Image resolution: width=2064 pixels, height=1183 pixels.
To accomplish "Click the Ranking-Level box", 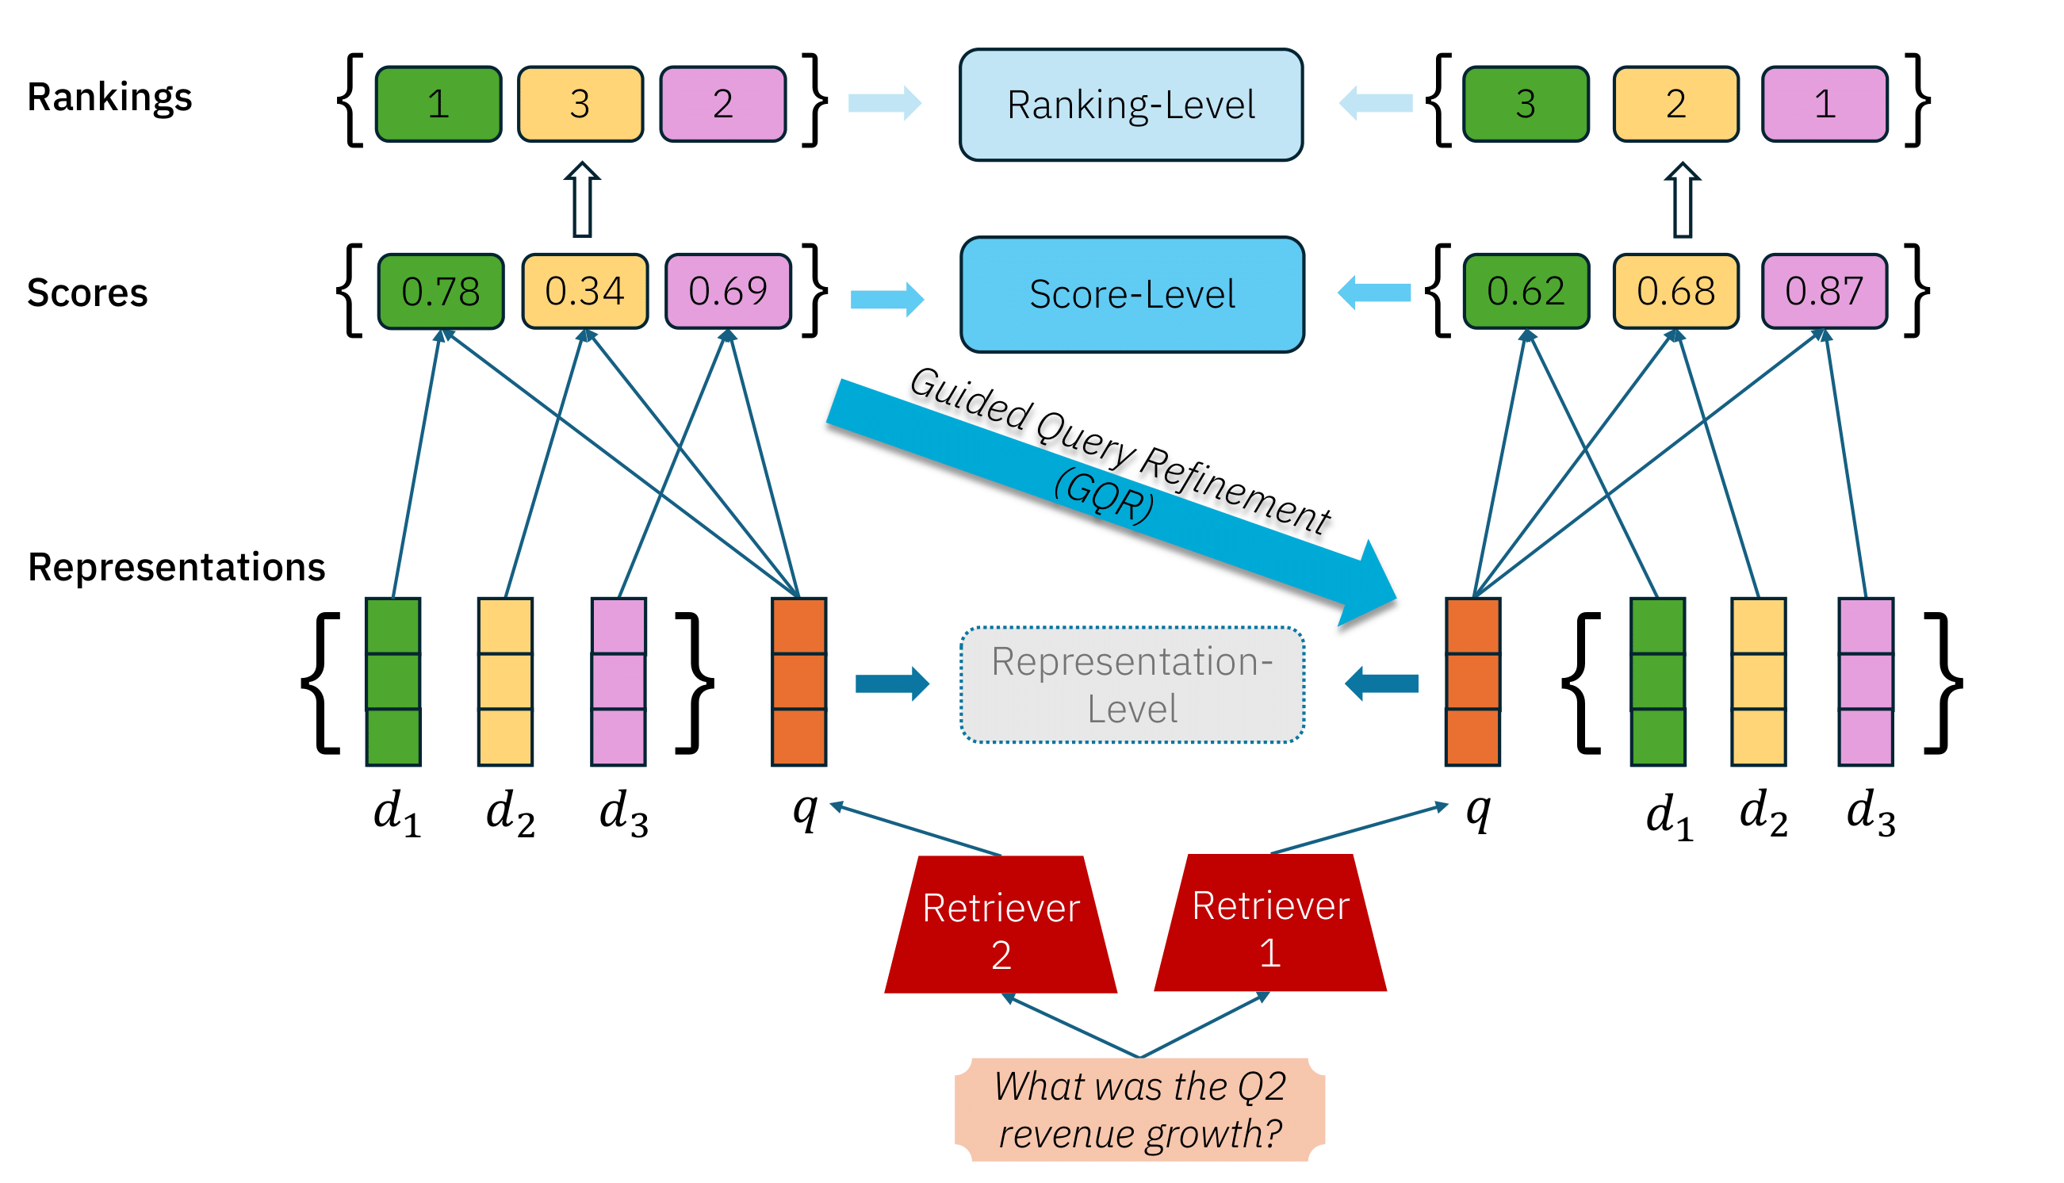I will click(1131, 105).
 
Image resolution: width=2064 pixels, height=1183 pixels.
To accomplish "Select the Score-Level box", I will click(1132, 294).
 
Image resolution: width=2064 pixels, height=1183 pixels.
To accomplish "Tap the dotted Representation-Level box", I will click(1132, 684).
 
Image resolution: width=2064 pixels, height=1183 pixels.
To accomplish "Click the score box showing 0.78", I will click(440, 291).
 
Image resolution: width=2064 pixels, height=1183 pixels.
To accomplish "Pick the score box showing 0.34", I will click(584, 291).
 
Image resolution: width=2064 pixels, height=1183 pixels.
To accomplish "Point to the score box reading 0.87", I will click(1824, 291).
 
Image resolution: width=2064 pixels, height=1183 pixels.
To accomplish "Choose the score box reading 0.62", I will click(1526, 291).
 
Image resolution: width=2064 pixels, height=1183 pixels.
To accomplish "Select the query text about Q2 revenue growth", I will click(1139, 1109).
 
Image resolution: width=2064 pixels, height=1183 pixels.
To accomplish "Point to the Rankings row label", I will click(109, 98).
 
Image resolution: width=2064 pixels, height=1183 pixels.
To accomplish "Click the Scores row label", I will click(87, 293).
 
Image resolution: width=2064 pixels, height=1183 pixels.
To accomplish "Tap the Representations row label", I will click(176, 566).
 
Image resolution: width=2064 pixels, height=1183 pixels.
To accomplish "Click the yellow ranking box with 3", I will click(580, 104).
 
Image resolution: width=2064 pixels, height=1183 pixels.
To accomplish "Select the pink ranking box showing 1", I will click(1824, 104).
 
